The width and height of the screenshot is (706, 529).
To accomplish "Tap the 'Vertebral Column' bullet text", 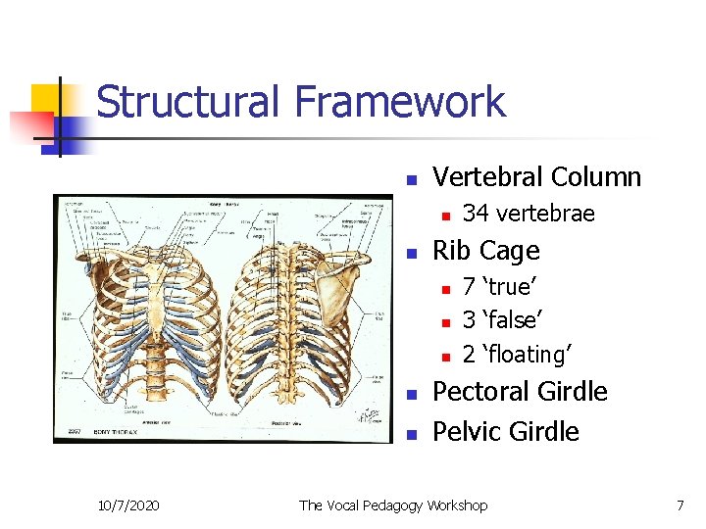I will click(x=536, y=177).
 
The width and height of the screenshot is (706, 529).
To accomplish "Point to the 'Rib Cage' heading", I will click(x=485, y=251).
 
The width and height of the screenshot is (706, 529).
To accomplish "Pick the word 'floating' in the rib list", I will click(x=532, y=354).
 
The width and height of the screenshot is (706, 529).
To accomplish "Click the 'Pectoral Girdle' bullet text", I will click(x=520, y=392).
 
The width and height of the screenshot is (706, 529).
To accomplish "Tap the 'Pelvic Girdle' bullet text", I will click(x=506, y=432).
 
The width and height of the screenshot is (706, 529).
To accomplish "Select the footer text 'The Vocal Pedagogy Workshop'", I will click(x=392, y=505).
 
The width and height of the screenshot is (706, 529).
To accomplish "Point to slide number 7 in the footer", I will click(x=680, y=505).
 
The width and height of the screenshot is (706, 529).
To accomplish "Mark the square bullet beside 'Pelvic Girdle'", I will click(x=413, y=434).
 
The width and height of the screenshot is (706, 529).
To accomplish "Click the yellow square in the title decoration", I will click(x=46, y=99).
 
